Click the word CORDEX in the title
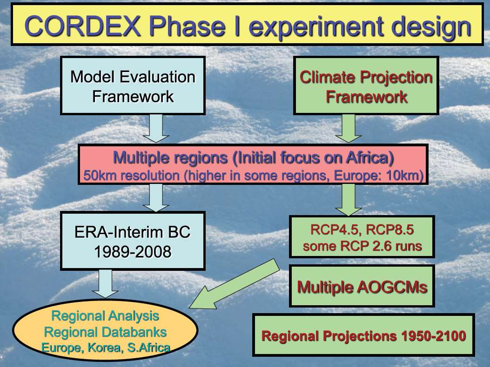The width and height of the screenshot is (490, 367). click(82, 26)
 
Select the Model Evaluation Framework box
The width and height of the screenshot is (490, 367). click(133, 85)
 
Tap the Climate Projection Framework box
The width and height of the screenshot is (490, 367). click(366, 85)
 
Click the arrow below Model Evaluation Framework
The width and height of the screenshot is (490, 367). click(156, 129)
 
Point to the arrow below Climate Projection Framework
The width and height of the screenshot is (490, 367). click(348, 129)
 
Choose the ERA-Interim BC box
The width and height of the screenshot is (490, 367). click(133, 241)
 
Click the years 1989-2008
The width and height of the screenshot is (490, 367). click(133, 251)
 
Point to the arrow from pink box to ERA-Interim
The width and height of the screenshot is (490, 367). click(156, 198)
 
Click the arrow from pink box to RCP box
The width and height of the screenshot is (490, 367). click(348, 200)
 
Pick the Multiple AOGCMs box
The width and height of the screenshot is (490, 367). click(362, 286)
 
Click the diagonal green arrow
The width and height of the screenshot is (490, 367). click(235, 284)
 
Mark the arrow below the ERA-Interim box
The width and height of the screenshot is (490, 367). click(105, 284)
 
